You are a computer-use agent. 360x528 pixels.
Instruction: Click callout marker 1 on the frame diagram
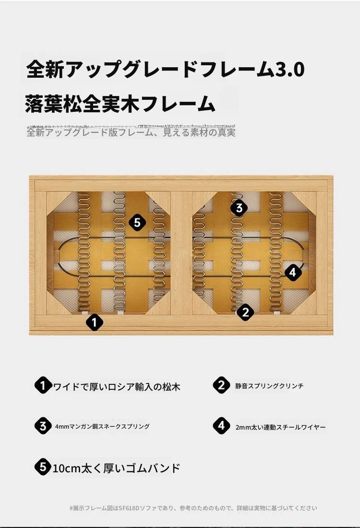(x=95, y=322)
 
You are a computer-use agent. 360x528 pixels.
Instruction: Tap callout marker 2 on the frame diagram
(x=245, y=312)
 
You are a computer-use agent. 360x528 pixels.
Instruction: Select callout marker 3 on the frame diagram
(x=239, y=207)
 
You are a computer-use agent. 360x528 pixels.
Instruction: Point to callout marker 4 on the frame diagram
(x=293, y=272)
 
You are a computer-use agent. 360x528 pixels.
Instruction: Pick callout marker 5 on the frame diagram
(x=137, y=222)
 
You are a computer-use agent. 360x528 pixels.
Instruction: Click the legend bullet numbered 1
(x=43, y=385)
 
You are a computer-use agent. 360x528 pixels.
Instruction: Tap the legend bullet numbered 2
(x=221, y=385)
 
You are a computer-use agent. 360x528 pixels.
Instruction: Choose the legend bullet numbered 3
(x=43, y=426)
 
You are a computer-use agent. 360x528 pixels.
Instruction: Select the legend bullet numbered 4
(x=221, y=426)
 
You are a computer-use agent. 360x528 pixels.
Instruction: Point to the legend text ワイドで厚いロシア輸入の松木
(x=117, y=386)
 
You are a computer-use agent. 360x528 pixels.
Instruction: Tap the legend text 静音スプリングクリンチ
(x=269, y=386)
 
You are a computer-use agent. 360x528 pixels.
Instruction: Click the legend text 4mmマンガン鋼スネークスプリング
(x=102, y=426)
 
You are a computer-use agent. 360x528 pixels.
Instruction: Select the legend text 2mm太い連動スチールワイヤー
(x=280, y=427)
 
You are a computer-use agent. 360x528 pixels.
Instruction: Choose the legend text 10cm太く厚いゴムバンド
(x=117, y=468)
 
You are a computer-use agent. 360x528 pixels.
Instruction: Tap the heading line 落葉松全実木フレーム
(x=120, y=103)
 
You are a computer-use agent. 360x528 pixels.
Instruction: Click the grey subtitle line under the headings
(x=131, y=132)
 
